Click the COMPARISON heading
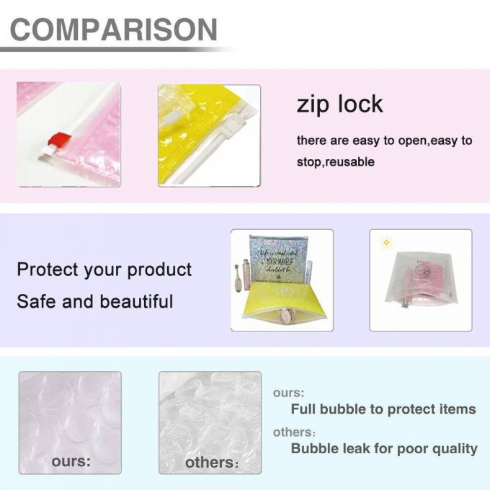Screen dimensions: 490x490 click(x=114, y=30)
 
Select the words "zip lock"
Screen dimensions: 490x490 click(x=339, y=104)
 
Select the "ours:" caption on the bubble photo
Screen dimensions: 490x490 click(x=71, y=461)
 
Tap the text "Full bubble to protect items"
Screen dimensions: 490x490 click(x=383, y=409)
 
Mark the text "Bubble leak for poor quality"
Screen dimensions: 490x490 click(x=384, y=448)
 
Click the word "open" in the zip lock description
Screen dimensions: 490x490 click(x=409, y=141)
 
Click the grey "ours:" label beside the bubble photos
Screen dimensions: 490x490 click(x=288, y=393)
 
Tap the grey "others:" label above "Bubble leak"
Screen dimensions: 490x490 click(x=294, y=432)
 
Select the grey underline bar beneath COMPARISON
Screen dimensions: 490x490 click(x=115, y=49)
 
